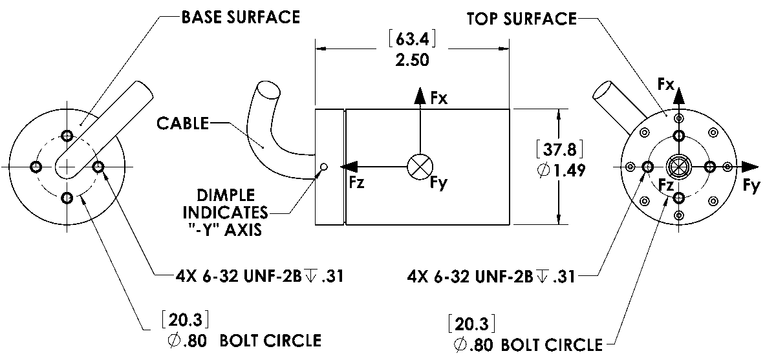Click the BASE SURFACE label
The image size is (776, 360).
pyautogui.click(x=241, y=17)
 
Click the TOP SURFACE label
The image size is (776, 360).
pyautogui.click(x=521, y=18)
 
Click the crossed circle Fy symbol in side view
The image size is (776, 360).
pyautogui.click(x=420, y=167)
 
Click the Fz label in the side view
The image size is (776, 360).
pyautogui.click(x=356, y=182)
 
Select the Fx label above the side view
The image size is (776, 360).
pyautogui.click(x=439, y=98)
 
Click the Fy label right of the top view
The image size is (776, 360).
pyautogui.click(x=751, y=185)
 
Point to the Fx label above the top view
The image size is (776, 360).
pyautogui.click(x=666, y=85)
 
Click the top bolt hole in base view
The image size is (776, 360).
pyautogui.click(x=67, y=136)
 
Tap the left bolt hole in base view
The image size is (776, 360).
pyautogui.click(x=36, y=167)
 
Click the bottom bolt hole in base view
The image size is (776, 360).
pyautogui.click(x=67, y=198)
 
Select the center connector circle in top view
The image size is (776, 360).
pyautogui.click(x=678, y=167)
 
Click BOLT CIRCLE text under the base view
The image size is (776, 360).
pyautogui.click(x=270, y=340)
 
